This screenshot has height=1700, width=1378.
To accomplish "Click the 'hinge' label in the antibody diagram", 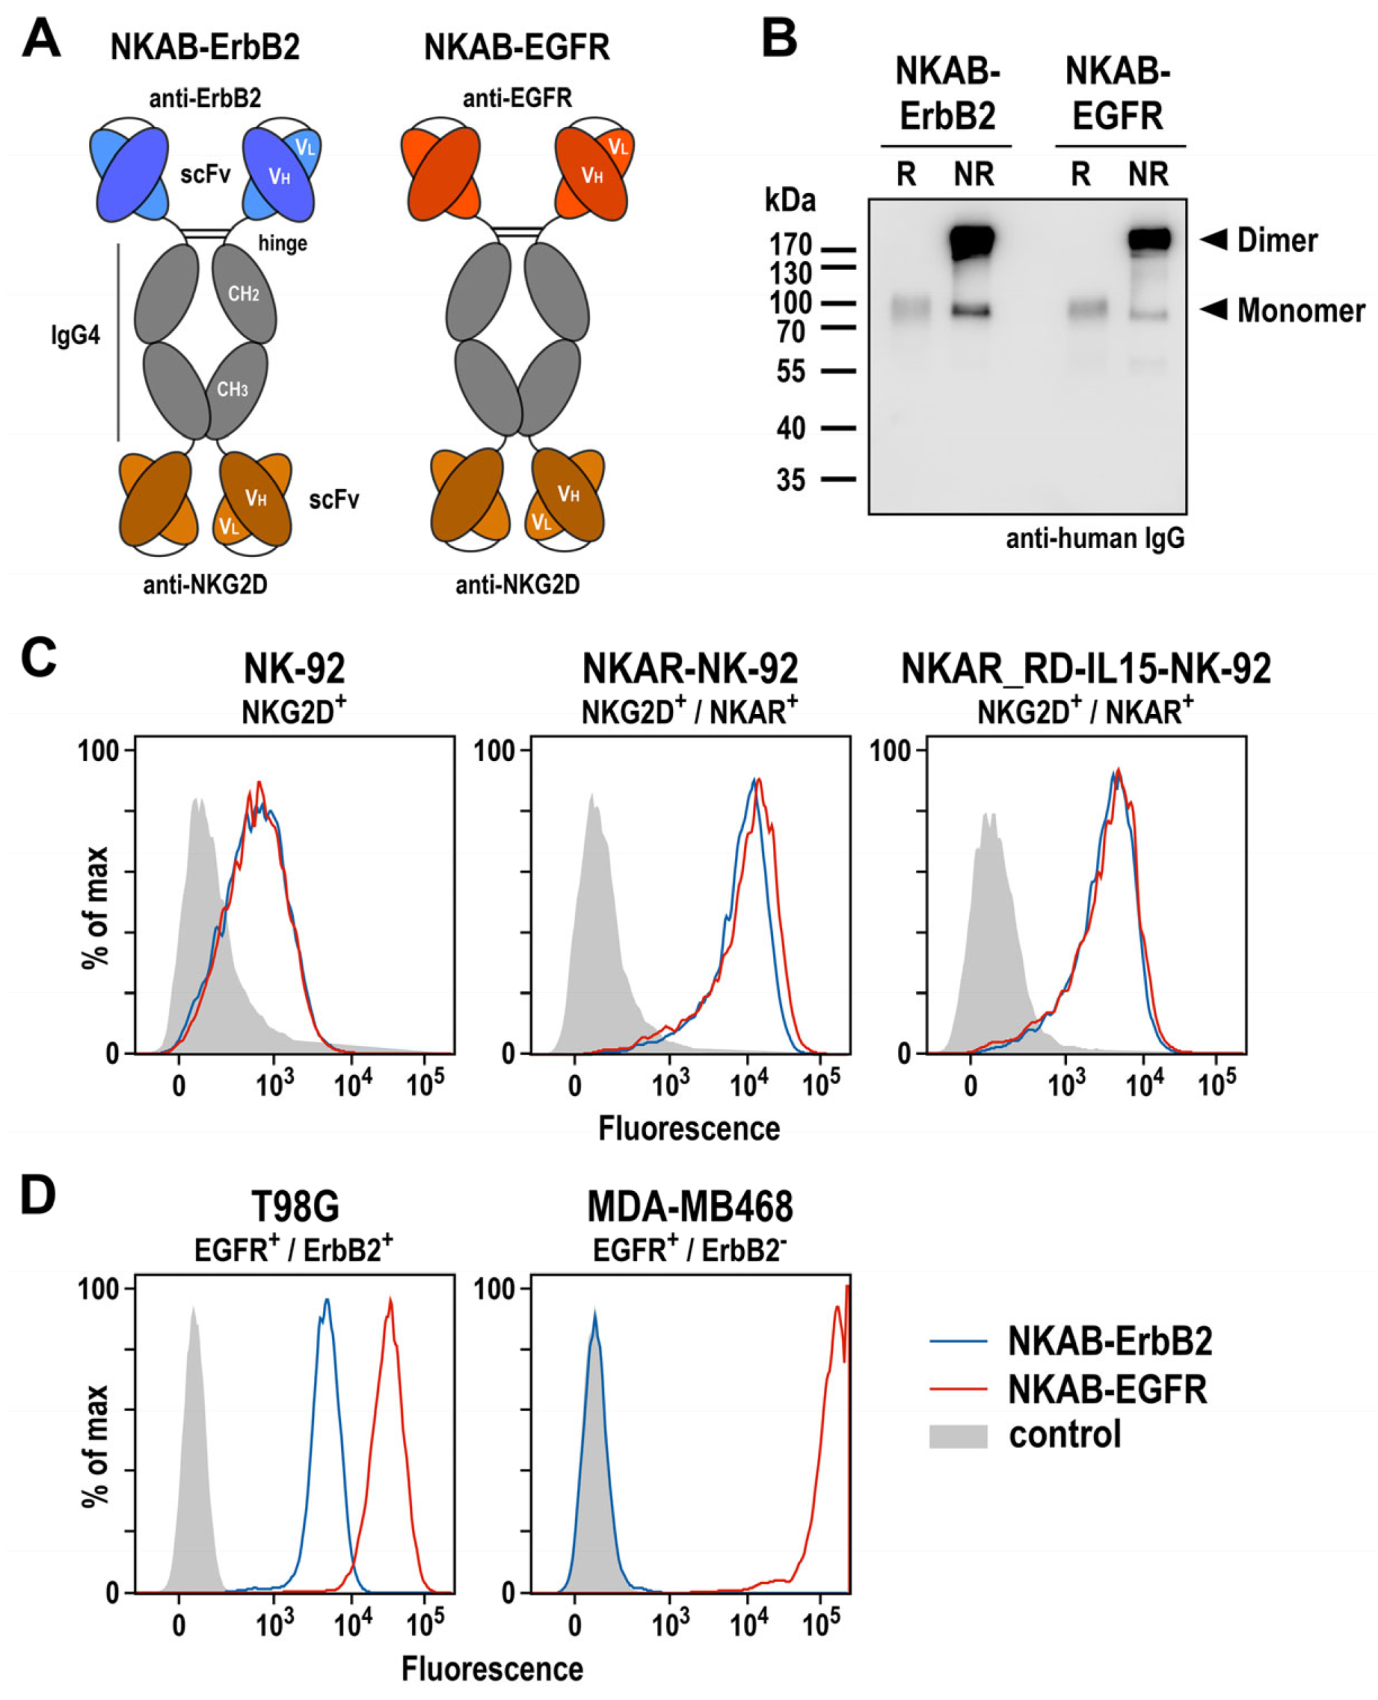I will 282,243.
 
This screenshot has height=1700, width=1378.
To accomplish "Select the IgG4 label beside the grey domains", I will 76,335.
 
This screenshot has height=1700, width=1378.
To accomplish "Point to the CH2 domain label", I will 244,294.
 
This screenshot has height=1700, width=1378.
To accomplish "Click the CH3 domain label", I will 233,389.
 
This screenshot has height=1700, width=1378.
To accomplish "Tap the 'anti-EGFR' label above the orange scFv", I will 517,99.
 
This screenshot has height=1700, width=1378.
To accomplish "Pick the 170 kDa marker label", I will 790,244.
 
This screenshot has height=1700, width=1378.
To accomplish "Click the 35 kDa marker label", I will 790,479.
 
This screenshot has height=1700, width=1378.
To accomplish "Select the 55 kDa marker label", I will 790,372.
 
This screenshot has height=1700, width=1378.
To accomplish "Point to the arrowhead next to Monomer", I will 1213,309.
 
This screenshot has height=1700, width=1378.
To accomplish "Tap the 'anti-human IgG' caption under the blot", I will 1095,539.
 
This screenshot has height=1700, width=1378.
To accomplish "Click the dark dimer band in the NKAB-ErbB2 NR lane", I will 972,241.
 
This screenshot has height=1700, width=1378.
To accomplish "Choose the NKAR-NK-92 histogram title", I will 689,669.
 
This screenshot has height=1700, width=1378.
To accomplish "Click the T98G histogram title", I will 294,1208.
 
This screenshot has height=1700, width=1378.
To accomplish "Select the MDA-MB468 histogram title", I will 689,1208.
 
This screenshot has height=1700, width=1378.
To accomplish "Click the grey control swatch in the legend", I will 958,1435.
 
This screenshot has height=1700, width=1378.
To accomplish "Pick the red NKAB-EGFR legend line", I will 958,1389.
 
